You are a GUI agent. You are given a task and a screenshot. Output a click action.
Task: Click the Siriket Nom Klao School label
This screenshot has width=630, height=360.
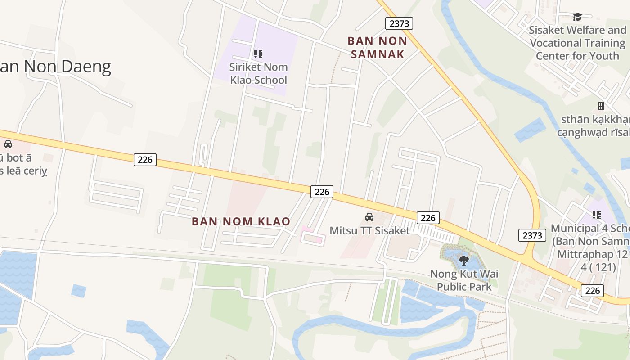[x=258, y=74]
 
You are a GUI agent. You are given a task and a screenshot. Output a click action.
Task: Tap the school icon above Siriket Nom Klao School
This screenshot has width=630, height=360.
[x=258, y=54]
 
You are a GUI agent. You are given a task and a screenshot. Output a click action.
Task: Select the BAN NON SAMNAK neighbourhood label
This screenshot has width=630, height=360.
[x=377, y=47]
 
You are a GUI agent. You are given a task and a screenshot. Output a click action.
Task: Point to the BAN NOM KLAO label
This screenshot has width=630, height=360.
[x=241, y=221]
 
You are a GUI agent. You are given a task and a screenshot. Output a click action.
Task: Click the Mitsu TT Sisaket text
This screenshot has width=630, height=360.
[x=369, y=231]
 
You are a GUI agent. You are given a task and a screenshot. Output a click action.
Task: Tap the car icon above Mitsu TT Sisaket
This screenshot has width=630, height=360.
[x=369, y=217]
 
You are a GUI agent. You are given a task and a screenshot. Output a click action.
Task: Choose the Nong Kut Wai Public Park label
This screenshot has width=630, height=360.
[x=464, y=280]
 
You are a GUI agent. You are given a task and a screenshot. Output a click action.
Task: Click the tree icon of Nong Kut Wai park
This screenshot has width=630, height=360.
[x=464, y=260]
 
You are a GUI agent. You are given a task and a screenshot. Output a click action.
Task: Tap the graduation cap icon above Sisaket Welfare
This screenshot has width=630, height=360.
[x=577, y=17]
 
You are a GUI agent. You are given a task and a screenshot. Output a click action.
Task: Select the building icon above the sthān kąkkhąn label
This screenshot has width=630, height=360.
[x=601, y=106]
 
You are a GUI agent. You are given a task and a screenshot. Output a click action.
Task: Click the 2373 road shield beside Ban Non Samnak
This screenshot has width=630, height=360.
[x=399, y=23]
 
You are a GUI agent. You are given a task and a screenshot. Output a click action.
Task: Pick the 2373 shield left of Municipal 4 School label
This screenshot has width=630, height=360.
[x=532, y=235]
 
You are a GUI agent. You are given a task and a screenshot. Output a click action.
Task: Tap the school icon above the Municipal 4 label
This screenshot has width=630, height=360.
[x=597, y=215]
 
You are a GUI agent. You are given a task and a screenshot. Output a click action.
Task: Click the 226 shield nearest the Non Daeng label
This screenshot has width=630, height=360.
[x=145, y=159]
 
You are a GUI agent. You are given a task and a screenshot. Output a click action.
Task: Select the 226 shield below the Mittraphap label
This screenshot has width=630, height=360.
[x=592, y=290]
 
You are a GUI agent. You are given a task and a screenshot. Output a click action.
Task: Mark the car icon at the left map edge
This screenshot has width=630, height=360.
[x=8, y=144]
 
